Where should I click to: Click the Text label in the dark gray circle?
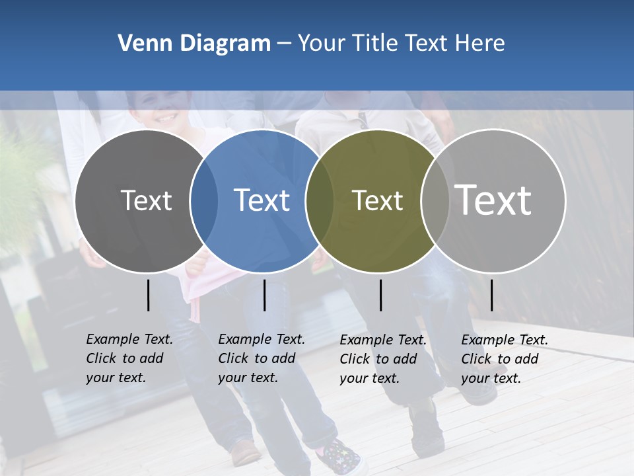pos(146,200)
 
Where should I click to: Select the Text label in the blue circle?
pos(262,200)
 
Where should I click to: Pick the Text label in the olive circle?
pos(377,200)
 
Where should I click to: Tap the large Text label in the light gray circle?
pos(493,200)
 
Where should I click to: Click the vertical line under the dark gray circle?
pos(149,295)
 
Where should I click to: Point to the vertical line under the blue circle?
pos(264,295)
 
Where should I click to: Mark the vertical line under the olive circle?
pos(380,295)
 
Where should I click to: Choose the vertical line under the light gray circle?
pos(491,295)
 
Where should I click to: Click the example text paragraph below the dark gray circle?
pos(129,358)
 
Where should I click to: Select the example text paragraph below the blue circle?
pos(261,358)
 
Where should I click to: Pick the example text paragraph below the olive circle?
pos(382,359)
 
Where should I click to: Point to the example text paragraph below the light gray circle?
pos(504,359)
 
